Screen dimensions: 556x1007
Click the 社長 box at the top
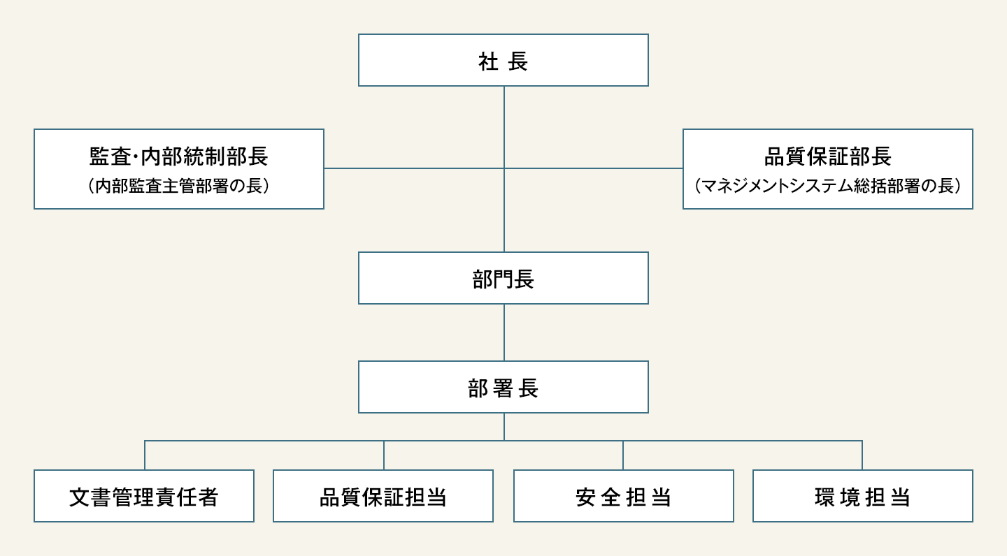tap(503, 60)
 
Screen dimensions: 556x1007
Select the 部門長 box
tap(503, 278)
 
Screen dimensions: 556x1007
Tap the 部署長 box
tap(503, 387)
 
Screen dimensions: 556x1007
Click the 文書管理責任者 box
tap(144, 496)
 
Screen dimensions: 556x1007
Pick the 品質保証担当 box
tap(383, 496)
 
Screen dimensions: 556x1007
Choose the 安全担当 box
tap(623, 496)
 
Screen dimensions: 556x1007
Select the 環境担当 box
tap(862, 496)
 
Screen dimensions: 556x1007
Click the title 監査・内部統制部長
tap(179, 156)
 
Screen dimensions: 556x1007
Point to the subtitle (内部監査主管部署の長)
tap(179, 186)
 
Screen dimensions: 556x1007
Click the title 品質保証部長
tap(827, 156)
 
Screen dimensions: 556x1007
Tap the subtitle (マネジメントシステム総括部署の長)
tap(827, 186)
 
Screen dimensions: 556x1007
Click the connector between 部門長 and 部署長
tap(504, 332)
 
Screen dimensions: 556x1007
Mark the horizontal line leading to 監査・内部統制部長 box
tap(413, 168)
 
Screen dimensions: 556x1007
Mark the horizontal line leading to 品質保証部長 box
tap(594, 168)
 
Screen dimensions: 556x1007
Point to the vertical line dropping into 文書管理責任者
tap(145, 455)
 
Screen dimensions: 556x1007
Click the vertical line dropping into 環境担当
tap(862, 455)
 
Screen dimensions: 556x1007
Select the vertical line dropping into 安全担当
tap(623, 455)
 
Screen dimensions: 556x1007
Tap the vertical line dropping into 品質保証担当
tap(384, 455)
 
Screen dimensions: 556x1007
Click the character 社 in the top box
tap(487, 61)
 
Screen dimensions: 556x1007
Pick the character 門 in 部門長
tap(503, 279)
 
